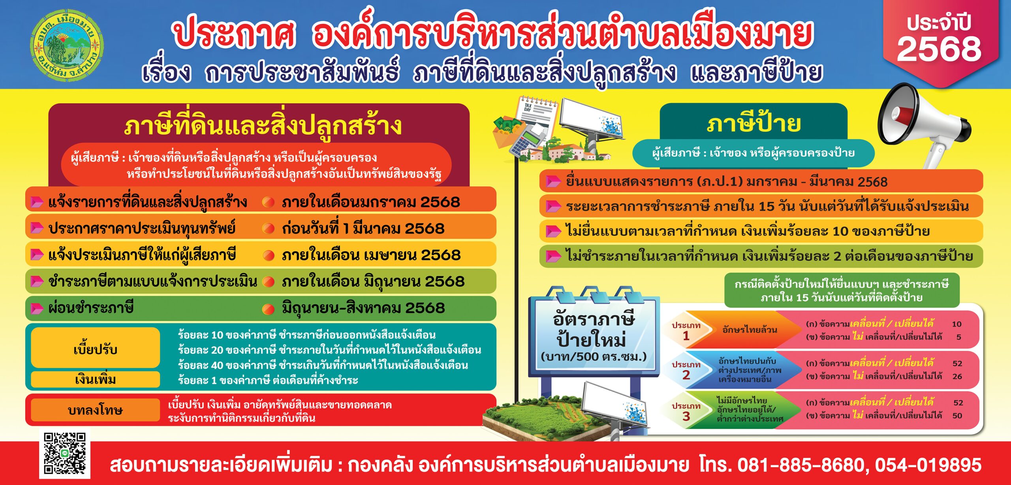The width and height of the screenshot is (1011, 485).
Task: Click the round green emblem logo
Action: pos(68,45)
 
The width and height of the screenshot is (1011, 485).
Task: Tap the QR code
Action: pos(65,453)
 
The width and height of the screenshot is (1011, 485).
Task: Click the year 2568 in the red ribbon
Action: pos(939,49)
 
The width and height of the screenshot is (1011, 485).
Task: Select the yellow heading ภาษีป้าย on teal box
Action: pos(754,124)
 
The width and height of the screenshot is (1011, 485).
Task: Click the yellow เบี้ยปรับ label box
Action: pos(96,348)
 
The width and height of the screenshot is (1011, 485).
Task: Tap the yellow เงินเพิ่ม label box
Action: pos(96,379)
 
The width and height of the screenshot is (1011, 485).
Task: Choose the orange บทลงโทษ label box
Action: pos(96,410)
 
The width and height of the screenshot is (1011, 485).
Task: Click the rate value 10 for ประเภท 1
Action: pos(957,324)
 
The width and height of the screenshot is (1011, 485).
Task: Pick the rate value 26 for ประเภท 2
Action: pos(957,376)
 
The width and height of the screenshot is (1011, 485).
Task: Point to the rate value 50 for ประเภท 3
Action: pos(957,416)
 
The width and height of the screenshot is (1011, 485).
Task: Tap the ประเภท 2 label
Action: pos(686,370)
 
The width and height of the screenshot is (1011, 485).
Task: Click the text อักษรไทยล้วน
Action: pos(750,330)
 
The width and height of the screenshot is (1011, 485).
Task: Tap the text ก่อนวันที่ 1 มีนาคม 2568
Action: pos(363,228)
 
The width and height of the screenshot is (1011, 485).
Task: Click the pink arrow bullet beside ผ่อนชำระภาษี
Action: pos(37,308)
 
